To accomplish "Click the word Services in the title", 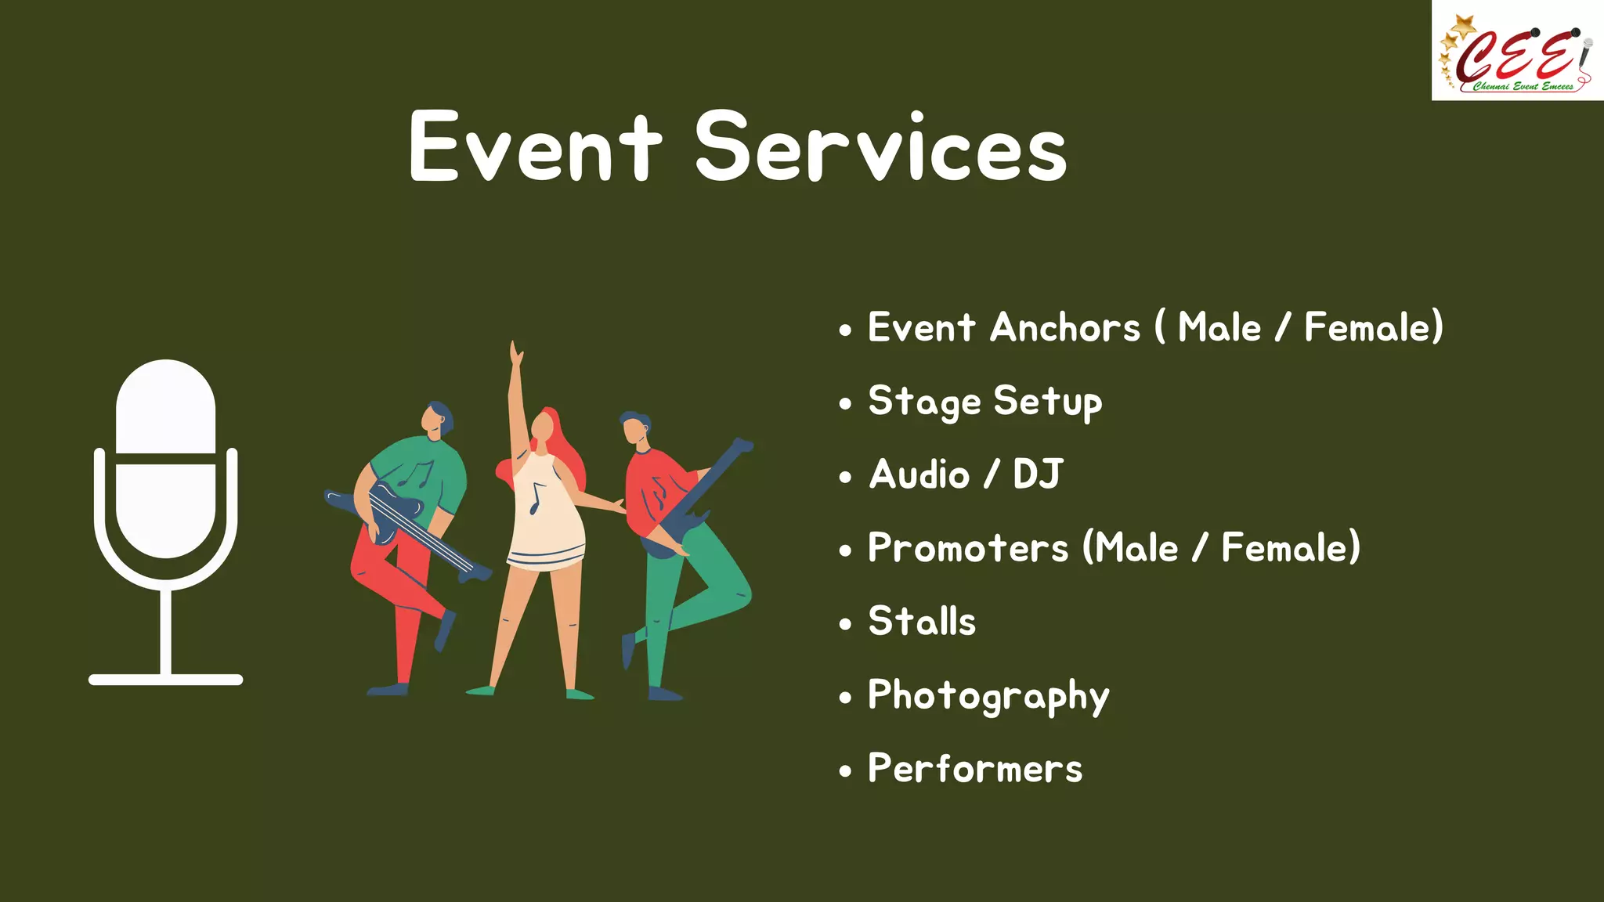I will tap(880, 147).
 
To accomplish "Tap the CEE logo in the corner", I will tap(1517, 52).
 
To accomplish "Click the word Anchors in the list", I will tap(1065, 327).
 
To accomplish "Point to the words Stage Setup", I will tap(984, 402).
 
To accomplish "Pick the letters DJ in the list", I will tap(1037, 474).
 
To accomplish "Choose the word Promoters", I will tap(968, 548).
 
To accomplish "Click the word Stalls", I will tap(922, 622).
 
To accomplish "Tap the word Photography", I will tap(988, 696).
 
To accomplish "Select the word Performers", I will tap(975, 769).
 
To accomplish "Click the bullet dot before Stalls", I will tap(844, 624).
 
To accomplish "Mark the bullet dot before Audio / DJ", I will tap(844, 477).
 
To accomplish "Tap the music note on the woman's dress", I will tap(536, 498).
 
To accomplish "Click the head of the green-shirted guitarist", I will tap(436, 420).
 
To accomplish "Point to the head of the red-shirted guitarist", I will tap(634, 428).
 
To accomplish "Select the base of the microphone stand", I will tap(166, 680).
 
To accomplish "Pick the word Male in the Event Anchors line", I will tap(1219, 327).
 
